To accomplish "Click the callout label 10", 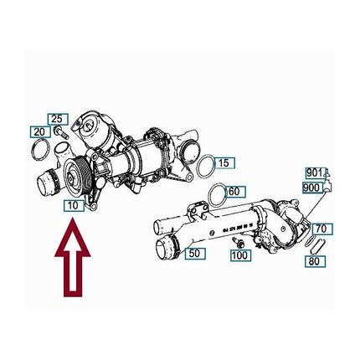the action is click(x=74, y=206).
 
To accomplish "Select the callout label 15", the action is click(x=224, y=163).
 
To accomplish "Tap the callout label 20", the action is click(x=40, y=132).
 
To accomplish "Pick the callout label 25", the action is click(x=58, y=119).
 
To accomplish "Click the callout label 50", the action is click(x=195, y=254).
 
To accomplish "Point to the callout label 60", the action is click(x=235, y=192).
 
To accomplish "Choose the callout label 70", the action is click(x=322, y=229).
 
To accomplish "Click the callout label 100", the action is click(x=240, y=255).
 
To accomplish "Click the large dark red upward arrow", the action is click(x=73, y=257).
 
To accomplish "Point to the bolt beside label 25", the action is click(x=62, y=133).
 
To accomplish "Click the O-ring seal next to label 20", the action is click(x=41, y=150).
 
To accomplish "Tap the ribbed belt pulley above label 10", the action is click(x=76, y=177).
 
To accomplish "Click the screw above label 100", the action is click(x=238, y=242).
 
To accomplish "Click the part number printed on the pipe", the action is click(x=238, y=228).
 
